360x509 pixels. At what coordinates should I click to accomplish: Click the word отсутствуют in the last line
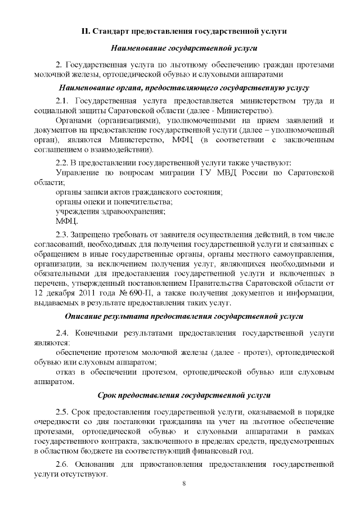pyautogui.click(x=85, y=475)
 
